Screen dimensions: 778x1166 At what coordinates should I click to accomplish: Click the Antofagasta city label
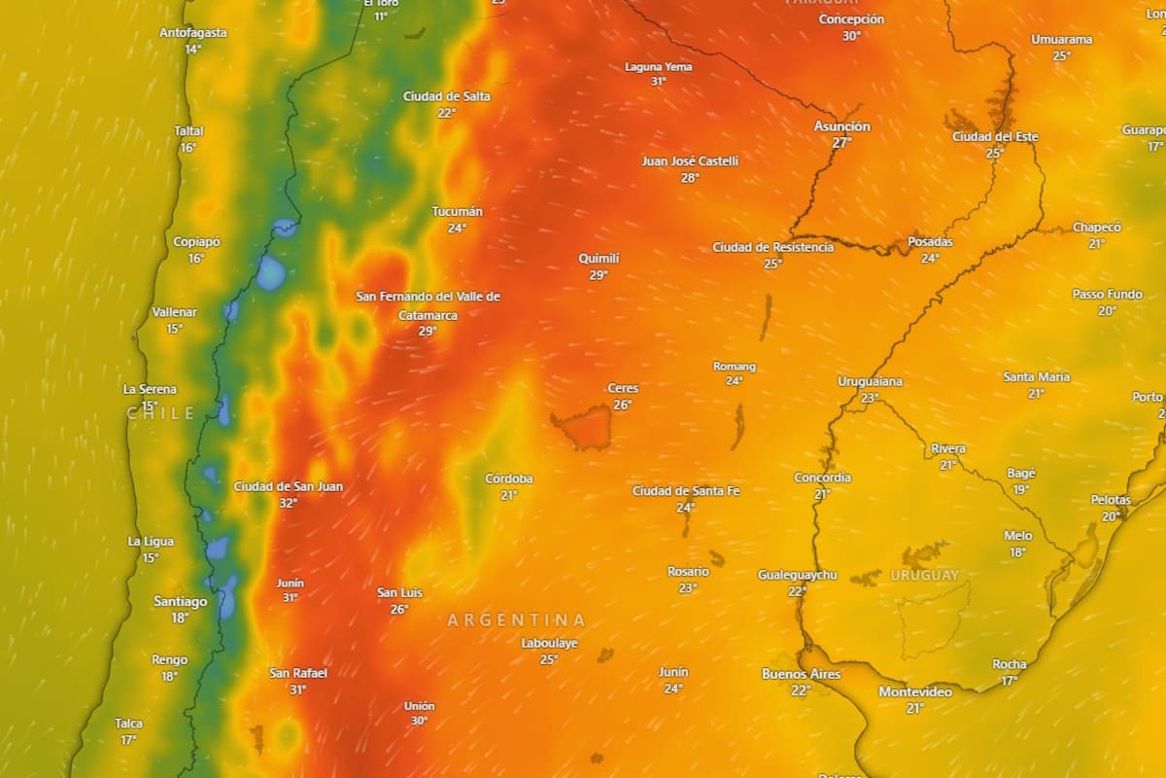(193, 33)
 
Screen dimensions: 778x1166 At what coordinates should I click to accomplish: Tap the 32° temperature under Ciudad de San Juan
(288, 503)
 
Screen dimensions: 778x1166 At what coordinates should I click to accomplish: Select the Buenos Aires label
(801, 674)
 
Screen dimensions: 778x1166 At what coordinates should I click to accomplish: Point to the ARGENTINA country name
(516, 619)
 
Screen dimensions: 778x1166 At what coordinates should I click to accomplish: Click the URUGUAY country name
(924, 575)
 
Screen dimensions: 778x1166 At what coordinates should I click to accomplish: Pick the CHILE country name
(160, 413)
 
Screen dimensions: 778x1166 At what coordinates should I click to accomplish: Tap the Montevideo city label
(915, 691)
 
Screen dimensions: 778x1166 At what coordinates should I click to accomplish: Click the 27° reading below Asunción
(841, 142)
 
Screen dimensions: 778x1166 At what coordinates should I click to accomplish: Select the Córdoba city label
(509, 478)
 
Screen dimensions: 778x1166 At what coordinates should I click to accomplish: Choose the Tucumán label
(457, 211)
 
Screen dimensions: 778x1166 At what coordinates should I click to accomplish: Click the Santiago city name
(180, 601)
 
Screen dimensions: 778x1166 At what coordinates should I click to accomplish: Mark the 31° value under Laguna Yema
(658, 82)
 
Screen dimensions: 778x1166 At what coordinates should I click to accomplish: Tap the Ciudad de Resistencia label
(772, 247)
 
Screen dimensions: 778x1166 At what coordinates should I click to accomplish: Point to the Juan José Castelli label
(690, 161)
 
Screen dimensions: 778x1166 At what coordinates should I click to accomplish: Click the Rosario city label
(688, 571)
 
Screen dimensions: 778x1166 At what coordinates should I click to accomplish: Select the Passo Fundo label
(1107, 294)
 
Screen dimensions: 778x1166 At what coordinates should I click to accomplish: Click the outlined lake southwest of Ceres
(583, 428)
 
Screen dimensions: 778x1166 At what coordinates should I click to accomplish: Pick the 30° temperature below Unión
(419, 721)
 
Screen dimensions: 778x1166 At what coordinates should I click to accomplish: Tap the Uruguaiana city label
(870, 381)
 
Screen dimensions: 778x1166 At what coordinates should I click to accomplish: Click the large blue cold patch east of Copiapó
(271, 273)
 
